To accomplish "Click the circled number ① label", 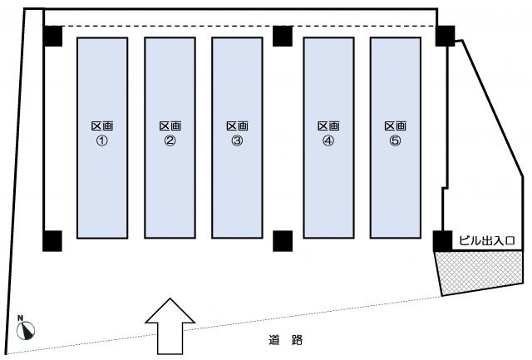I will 102,141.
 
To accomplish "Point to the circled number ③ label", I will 237,141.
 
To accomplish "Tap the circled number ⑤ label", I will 395,141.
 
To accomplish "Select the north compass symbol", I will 26,330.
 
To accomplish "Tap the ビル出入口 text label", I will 488,241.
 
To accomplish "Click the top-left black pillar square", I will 53,36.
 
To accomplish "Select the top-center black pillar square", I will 283,36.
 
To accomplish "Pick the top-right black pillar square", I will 445,36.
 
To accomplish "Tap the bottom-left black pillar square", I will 53,240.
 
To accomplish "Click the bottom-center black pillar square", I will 283,240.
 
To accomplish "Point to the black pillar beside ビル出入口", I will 442,240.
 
